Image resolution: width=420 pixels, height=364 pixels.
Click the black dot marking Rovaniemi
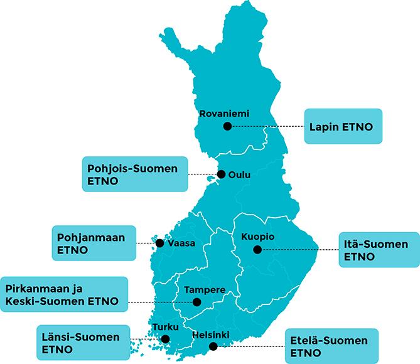(x=227, y=126)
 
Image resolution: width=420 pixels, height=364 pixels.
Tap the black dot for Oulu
(x=221, y=174)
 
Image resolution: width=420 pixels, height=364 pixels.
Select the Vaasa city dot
(x=159, y=243)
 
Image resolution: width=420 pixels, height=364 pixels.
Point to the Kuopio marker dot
(x=257, y=249)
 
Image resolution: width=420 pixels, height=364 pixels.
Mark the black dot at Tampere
(x=197, y=302)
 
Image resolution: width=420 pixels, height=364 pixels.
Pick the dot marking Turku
(x=165, y=339)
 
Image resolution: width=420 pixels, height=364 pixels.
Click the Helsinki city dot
(x=213, y=346)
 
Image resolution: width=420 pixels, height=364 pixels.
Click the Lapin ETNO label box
(x=343, y=127)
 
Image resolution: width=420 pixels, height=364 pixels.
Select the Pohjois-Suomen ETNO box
(x=134, y=174)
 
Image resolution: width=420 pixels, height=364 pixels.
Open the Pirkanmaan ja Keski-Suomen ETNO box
(x=65, y=295)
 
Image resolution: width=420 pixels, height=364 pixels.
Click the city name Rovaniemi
(x=223, y=114)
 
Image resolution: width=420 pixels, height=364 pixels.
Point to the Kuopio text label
(x=258, y=237)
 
